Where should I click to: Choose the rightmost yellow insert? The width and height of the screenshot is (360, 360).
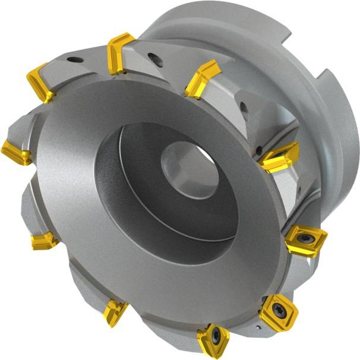click(305, 239)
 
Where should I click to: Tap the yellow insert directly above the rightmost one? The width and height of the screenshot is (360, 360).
click(279, 156)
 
